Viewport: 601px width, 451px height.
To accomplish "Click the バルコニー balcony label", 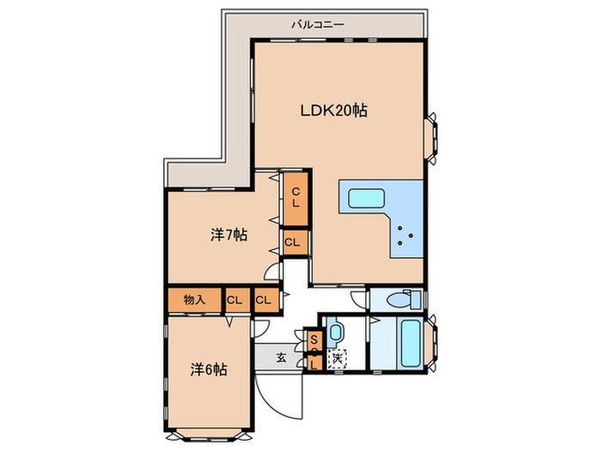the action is click(x=318, y=25).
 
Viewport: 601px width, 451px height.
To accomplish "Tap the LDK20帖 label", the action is click(x=333, y=111).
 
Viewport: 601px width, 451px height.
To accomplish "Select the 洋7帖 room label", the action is click(x=228, y=235).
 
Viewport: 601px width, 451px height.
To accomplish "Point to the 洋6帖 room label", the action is click(x=209, y=369).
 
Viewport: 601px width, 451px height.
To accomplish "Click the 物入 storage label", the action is click(x=195, y=300).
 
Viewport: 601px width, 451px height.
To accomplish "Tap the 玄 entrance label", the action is click(x=282, y=358).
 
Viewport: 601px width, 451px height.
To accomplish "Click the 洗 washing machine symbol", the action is click(x=337, y=359).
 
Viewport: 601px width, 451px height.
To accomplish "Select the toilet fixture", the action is click(x=404, y=300).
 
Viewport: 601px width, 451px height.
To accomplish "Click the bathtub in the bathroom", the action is click(x=411, y=344).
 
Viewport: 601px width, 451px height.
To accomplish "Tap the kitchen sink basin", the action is click(x=366, y=198).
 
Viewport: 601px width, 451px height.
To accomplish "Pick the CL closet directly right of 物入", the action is click(x=234, y=300).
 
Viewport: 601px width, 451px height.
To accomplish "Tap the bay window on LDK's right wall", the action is click(x=432, y=138).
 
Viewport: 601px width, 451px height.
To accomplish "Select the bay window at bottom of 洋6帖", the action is click(x=209, y=436).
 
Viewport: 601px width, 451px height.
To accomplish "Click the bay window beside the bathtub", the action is click(x=432, y=344).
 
